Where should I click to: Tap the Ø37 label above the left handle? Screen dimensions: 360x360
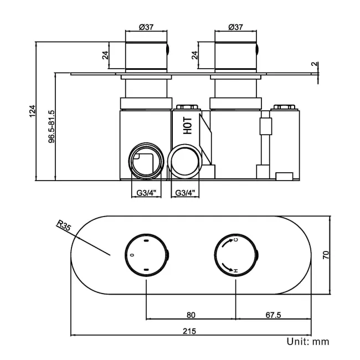pyautogui.click(x=146, y=27)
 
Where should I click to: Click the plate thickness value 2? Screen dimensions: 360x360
pyautogui.click(x=314, y=64)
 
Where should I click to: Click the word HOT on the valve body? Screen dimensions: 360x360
pyautogui.click(x=188, y=126)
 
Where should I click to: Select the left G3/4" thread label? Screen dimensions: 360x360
pyautogui.click(x=146, y=193)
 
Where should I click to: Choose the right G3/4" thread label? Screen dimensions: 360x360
pyautogui.click(x=185, y=193)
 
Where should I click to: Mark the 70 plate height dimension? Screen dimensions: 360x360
pyautogui.click(x=326, y=255)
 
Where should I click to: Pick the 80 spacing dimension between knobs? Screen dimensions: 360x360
pyautogui.click(x=191, y=315)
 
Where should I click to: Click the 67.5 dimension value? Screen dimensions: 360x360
pyautogui.click(x=274, y=315)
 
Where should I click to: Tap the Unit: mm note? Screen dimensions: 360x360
pyautogui.click(x=307, y=342)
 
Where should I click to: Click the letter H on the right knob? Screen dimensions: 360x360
pyautogui.click(x=236, y=270)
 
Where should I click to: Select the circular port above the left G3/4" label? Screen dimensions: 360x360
pyautogui.click(x=146, y=162)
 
